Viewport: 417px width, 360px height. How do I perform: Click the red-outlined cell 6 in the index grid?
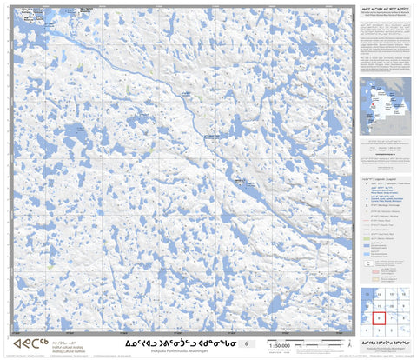380,318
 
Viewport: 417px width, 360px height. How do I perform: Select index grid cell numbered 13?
367,295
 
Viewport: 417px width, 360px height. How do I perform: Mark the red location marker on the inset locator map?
380,108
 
